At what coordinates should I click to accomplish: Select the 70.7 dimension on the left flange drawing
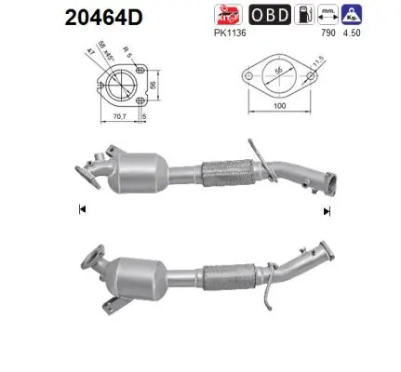(x=119, y=118)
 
